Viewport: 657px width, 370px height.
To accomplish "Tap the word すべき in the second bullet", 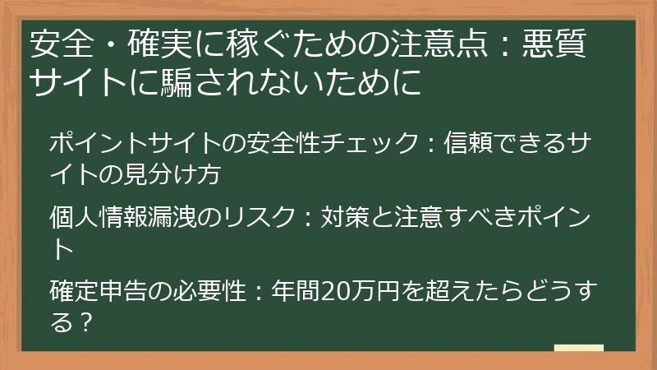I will click(471, 219).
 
